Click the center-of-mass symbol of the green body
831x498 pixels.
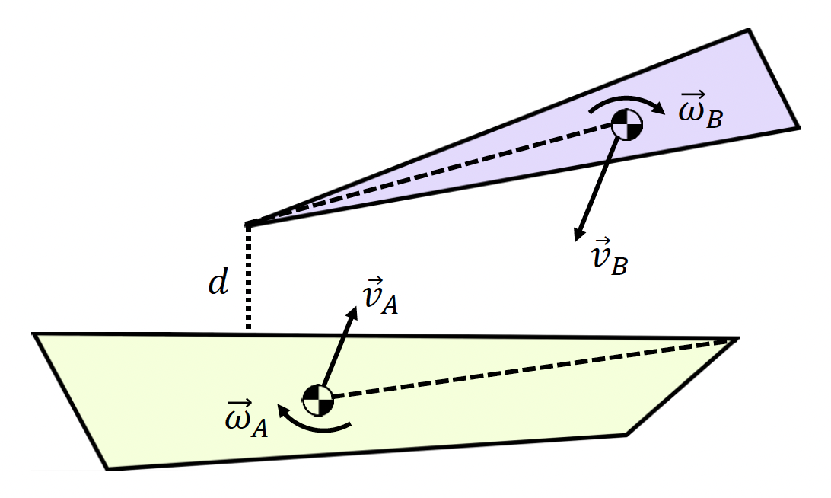coord(318,398)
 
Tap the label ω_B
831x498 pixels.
coord(699,110)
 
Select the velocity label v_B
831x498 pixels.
coord(609,258)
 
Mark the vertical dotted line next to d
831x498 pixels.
coord(247,278)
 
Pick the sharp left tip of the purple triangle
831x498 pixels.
coord(246,225)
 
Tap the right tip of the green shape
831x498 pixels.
coord(737,339)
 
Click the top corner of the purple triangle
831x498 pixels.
coord(749,31)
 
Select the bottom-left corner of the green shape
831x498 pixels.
coord(107,468)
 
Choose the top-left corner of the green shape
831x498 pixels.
coord(34,334)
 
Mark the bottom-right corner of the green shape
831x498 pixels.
coord(626,435)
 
